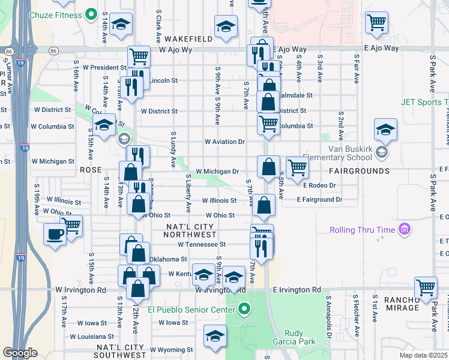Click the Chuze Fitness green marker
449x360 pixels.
91,14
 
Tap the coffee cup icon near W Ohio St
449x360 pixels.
55,234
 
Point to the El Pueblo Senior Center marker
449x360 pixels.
244,310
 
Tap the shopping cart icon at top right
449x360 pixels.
376,22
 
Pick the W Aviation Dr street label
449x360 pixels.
225,142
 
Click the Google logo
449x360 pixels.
20,352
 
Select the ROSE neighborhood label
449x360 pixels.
91,170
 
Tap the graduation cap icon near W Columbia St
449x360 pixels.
104,125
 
